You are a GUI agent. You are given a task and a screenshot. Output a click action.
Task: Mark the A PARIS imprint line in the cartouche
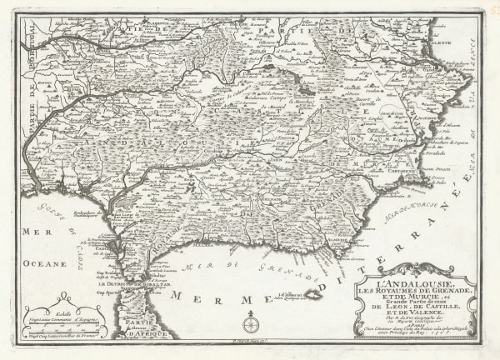pyautogui.click(x=414, y=326)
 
